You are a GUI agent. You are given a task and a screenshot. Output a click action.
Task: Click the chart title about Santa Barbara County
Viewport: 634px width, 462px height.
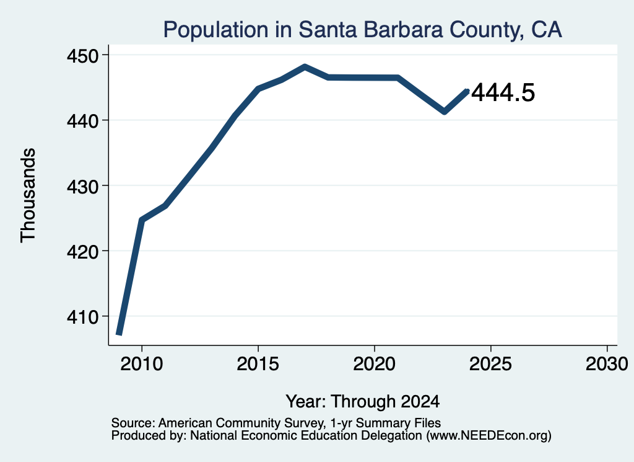coord(362,30)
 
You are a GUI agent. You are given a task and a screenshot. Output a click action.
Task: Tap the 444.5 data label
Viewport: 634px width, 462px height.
coord(503,92)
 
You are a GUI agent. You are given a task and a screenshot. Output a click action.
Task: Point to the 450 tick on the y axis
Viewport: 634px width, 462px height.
coord(82,55)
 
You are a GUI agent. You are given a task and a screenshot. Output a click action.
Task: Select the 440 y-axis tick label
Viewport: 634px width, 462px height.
coord(82,121)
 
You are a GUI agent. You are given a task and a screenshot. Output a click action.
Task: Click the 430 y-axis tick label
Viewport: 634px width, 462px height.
coord(82,186)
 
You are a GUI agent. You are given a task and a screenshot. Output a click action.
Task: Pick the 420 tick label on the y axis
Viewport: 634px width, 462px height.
coord(82,251)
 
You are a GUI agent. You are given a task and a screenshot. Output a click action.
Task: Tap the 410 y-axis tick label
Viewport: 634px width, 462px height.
coord(82,317)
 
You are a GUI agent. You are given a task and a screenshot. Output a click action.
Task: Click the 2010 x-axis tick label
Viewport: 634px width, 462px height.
coord(142,363)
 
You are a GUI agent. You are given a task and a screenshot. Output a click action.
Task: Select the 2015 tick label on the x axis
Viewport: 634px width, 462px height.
coord(258,363)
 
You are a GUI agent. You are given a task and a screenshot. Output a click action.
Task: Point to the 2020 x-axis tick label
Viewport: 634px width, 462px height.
coord(375,363)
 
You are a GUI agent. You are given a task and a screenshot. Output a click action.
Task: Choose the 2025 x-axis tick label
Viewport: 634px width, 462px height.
coord(490,363)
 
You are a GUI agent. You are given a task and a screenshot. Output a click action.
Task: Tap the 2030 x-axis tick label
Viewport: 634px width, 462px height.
coord(607,363)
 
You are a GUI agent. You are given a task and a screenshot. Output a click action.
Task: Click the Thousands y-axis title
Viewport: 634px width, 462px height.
coord(28,195)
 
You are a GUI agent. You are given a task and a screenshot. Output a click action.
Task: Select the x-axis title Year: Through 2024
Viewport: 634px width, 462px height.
coord(363,401)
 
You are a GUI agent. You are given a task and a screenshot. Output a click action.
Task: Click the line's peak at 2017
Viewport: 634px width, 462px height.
coord(305,67)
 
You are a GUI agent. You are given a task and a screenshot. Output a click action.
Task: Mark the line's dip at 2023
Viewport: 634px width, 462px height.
coord(445,112)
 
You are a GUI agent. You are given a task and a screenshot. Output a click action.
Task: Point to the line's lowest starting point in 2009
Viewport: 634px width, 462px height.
coord(119,334)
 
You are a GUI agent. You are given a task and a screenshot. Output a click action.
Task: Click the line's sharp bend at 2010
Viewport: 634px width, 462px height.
coord(141,220)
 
